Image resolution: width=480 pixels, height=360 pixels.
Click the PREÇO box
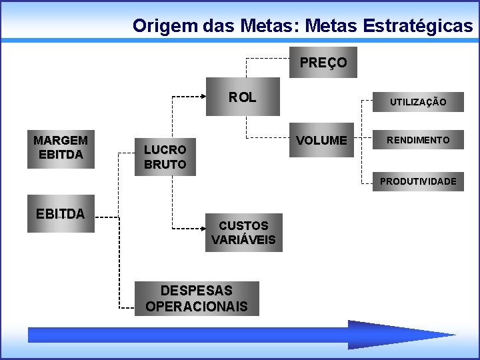point(323,63)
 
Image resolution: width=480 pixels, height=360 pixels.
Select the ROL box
point(243,97)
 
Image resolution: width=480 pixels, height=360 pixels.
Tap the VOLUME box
point(322,141)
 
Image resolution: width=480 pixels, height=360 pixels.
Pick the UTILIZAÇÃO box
point(418,101)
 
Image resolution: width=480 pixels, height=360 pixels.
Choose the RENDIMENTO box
point(418,140)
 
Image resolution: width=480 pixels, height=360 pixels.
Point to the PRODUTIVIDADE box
point(418,181)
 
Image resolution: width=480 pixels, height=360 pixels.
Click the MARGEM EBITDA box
point(61,148)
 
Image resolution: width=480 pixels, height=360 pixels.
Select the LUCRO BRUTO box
point(165,157)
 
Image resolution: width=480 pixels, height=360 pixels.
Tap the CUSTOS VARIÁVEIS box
point(243,233)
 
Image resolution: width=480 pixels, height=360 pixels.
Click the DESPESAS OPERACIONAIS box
point(197,299)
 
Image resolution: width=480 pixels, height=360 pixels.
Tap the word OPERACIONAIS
point(197,307)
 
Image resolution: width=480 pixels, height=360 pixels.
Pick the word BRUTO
point(165,164)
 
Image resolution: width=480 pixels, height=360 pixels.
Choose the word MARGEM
point(61,141)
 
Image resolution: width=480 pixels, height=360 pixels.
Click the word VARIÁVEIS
point(243,240)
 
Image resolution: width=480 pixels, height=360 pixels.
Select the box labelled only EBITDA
point(61,214)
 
